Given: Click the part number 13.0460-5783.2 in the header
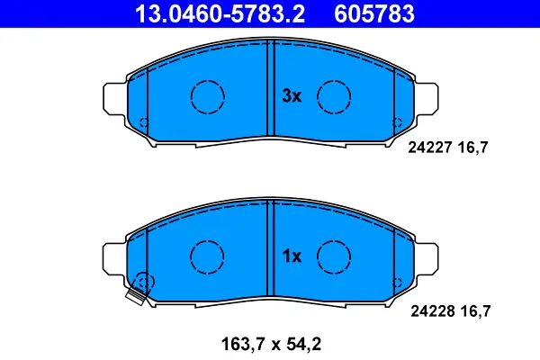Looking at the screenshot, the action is coord(220,13).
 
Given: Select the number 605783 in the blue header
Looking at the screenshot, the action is coord(374,13).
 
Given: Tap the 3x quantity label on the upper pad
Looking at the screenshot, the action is coord(292,95).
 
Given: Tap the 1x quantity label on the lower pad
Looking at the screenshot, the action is coord(292,256).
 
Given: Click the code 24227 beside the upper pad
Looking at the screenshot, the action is coord(430,148).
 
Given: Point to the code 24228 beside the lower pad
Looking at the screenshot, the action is coord(432,311).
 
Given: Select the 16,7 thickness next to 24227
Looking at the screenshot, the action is coord(472,148).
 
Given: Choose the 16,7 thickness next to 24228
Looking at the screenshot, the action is coord(475,311).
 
